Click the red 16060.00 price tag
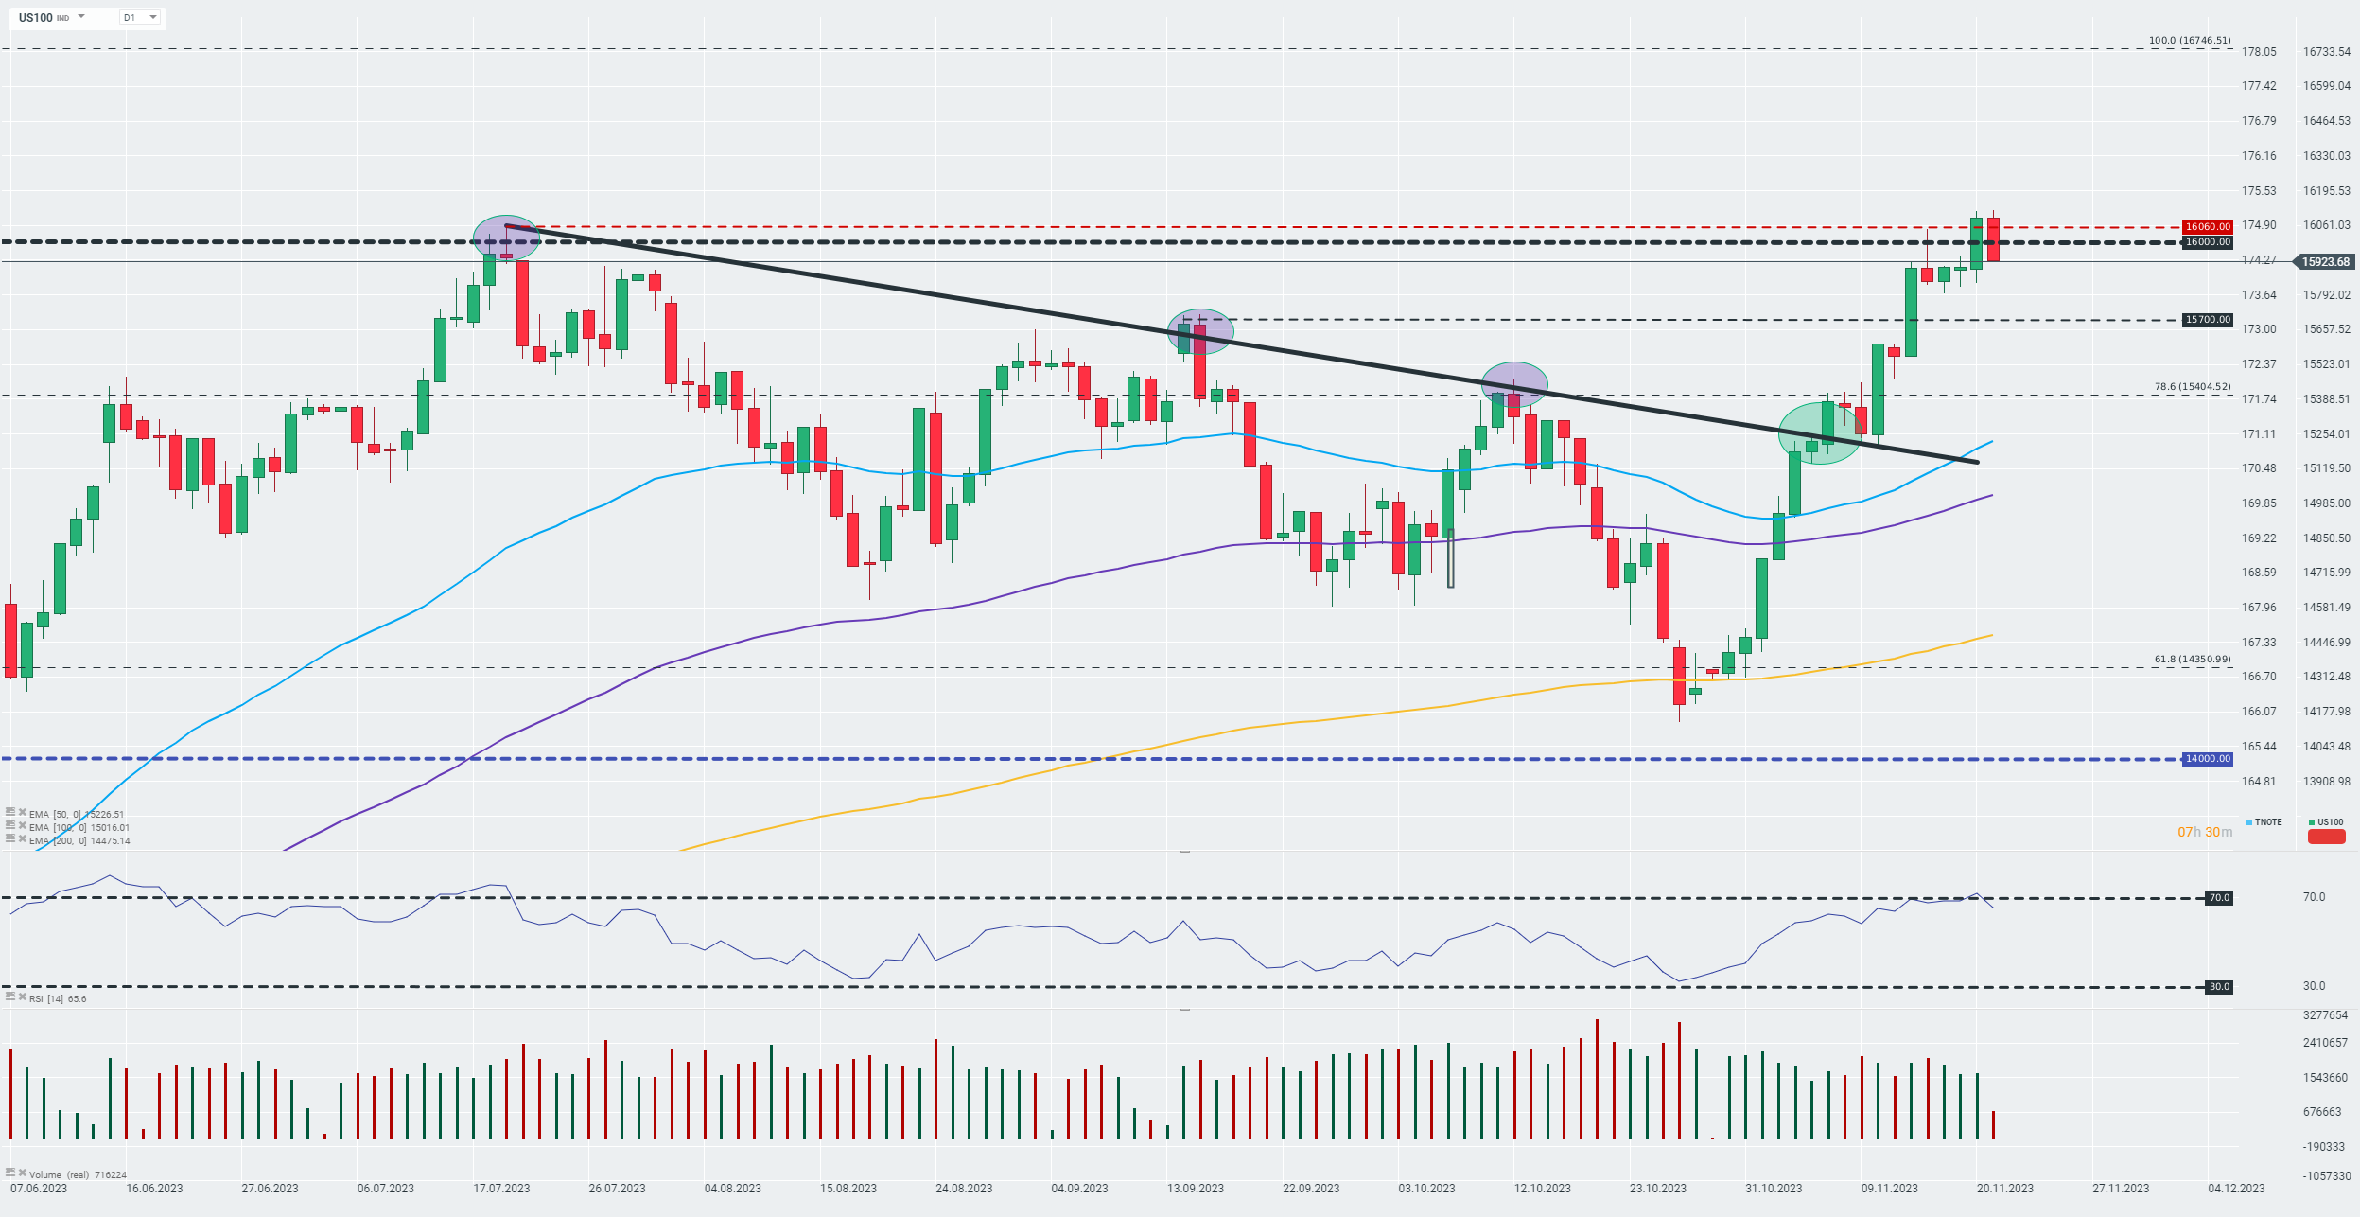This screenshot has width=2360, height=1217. (2207, 227)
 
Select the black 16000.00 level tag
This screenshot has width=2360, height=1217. (2207, 242)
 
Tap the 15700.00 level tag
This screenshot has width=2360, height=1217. (2207, 320)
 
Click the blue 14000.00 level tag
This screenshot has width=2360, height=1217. (2207, 759)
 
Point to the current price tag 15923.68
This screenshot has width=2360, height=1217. (2325, 262)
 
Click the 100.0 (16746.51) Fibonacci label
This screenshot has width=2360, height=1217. (2189, 41)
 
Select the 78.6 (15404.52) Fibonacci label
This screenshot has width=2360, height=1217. (2192, 387)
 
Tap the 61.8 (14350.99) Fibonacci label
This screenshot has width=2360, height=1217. (2192, 660)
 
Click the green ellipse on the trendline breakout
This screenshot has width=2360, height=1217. (1820, 433)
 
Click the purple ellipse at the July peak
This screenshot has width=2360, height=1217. (506, 238)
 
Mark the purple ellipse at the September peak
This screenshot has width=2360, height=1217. (1200, 331)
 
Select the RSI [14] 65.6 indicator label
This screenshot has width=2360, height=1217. (57, 999)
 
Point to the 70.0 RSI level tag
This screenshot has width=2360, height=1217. (2219, 898)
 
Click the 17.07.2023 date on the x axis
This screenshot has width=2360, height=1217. (501, 1189)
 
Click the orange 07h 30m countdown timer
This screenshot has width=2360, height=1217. (2204, 833)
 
